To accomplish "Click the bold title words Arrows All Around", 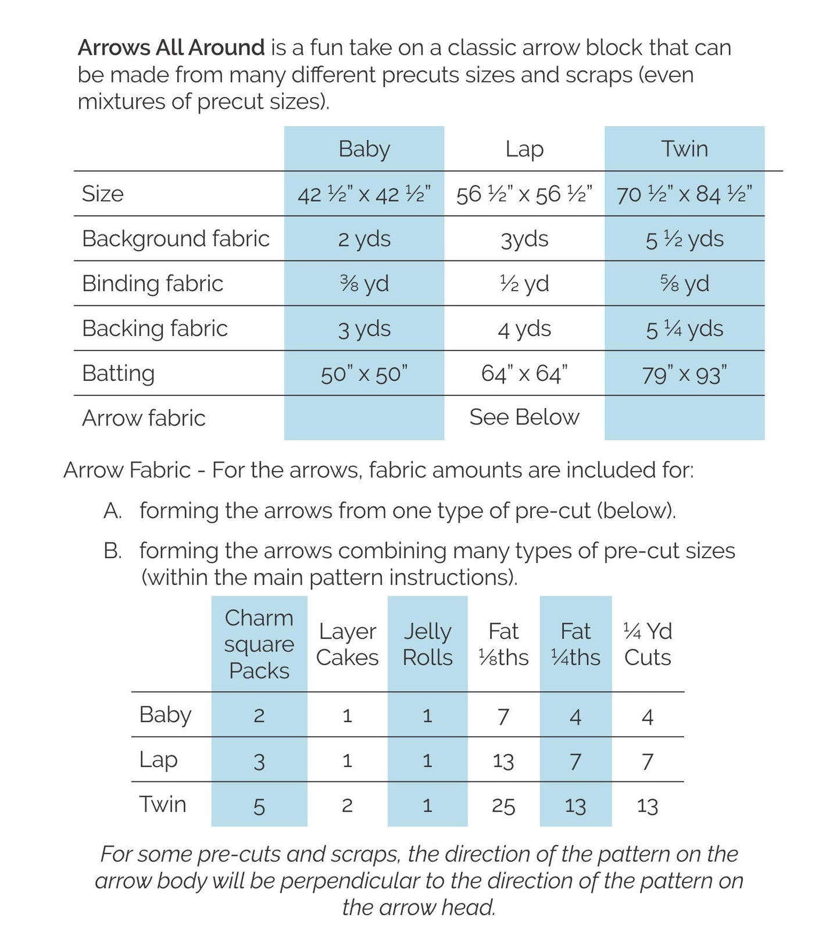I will [171, 48].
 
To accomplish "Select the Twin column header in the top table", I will [684, 149].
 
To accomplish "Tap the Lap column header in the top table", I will [524, 149].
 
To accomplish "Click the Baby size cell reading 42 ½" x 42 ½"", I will [364, 194].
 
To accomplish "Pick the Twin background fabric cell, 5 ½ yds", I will [684, 239].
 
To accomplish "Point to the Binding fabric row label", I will [152, 284].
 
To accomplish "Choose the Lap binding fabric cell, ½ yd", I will [524, 284].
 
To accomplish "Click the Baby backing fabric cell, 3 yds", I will [364, 329].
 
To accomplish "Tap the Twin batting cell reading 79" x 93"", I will [684, 374].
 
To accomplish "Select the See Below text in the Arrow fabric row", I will [524, 417].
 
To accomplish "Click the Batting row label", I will [118, 373].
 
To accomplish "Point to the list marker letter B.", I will [112, 551].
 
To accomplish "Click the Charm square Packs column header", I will [259, 644].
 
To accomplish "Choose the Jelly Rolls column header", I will [427, 644].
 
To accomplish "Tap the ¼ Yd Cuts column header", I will [647, 644].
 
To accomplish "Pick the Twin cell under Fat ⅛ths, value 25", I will [503, 806].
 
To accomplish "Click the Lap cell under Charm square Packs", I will [259, 761].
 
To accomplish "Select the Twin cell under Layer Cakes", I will [347, 806].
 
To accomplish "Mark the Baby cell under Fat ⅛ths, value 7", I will [503, 716].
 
